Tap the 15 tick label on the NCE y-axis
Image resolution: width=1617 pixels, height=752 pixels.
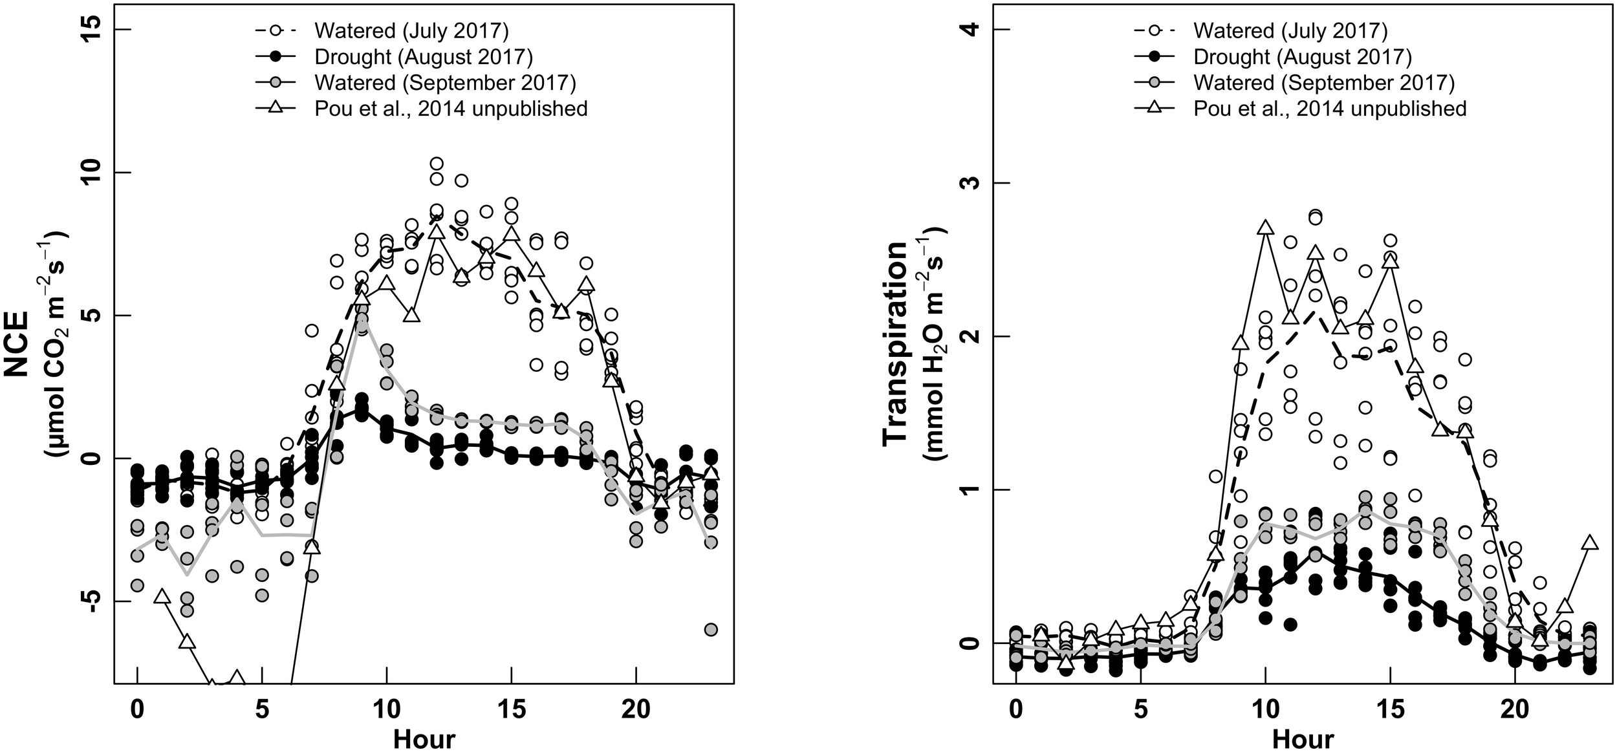pyautogui.click(x=91, y=30)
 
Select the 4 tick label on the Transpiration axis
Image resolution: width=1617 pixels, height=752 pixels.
pyautogui.click(x=971, y=30)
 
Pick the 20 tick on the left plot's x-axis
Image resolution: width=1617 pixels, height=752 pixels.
pyautogui.click(x=636, y=710)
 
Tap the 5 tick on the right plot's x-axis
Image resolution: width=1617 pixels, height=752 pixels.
pyautogui.click(x=1142, y=710)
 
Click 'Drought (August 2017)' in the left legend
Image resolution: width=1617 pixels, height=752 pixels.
pyautogui.click(x=423, y=57)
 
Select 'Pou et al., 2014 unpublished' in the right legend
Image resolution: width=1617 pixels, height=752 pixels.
pyautogui.click(x=1330, y=108)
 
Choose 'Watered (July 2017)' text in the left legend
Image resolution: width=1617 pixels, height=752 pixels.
pyautogui.click(x=411, y=30)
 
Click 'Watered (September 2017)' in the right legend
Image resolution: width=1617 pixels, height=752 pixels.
pyautogui.click(x=1323, y=83)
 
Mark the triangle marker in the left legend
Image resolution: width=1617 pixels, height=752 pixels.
pyautogui.click(x=276, y=108)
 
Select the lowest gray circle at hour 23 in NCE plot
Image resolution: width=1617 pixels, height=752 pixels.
pyautogui.click(x=711, y=629)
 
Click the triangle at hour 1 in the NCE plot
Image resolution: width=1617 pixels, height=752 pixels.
pyautogui.click(x=162, y=596)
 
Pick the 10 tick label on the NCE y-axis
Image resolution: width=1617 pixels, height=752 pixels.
pyautogui.click(x=91, y=173)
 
